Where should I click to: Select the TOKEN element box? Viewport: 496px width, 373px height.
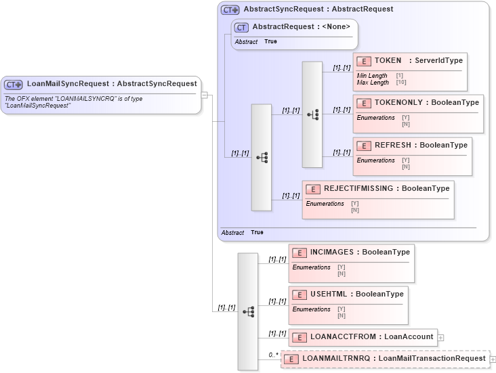(x=409, y=71)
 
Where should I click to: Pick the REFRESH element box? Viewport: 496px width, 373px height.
(x=412, y=156)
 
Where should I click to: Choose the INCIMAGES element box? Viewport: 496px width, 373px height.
(x=350, y=263)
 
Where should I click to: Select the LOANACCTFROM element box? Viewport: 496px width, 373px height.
(x=363, y=336)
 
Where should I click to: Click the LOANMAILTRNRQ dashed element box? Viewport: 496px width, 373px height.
(x=384, y=359)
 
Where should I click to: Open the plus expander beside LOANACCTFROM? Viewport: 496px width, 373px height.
(x=441, y=336)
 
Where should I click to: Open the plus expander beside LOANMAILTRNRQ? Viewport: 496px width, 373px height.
(x=493, y=359)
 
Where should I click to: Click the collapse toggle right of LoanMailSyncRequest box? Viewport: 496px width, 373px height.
(x=205, y=95)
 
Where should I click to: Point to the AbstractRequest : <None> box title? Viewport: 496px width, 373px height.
(x=301, y=27)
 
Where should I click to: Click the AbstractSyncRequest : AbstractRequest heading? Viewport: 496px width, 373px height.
(x=318, y=9)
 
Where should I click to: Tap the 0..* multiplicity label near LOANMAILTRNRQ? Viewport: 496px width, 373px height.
(x=273, y=354)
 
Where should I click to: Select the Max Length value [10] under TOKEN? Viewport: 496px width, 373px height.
(x=401, y=83)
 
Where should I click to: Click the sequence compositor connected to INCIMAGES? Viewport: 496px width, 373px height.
(x=247, y=311)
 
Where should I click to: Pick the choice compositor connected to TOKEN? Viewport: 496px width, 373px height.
(x=312, y=114)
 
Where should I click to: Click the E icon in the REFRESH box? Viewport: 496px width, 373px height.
(x=365, y=146)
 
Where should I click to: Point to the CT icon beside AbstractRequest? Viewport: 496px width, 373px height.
(x=241, y=27)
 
